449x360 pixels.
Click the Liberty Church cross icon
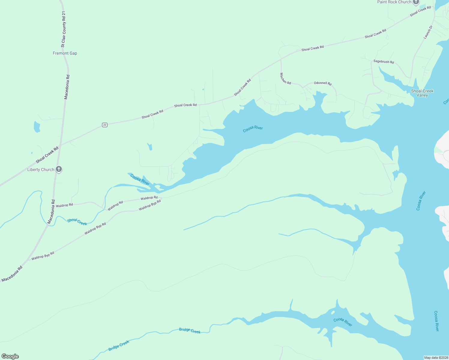pos(59,169)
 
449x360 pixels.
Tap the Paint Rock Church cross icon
pos(416,2)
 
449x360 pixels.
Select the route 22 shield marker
pos(104,125)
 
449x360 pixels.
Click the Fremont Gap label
pos(65,53)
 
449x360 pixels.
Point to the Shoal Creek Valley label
pos(422,93)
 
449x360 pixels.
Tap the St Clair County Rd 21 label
pos(63,29)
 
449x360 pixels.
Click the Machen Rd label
pos(285,78)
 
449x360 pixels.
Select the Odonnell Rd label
pos(323,83)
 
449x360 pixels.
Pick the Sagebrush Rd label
pos(384,61)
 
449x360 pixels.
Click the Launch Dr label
pos(428,32)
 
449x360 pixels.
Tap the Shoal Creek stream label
pos(77,222)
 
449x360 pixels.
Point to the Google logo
pos(10,356)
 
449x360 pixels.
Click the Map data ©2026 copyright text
pos(436,358)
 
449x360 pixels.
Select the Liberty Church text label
pos(41,169)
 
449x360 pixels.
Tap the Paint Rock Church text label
pos(394,2)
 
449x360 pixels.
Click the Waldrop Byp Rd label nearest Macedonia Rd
pos(43,256)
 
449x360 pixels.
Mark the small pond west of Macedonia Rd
pos(37,127)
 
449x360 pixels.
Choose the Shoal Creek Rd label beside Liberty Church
pos(47,155)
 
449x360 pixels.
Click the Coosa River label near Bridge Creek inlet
pos(343,322)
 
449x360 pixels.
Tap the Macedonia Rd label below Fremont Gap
pos(67,87)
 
